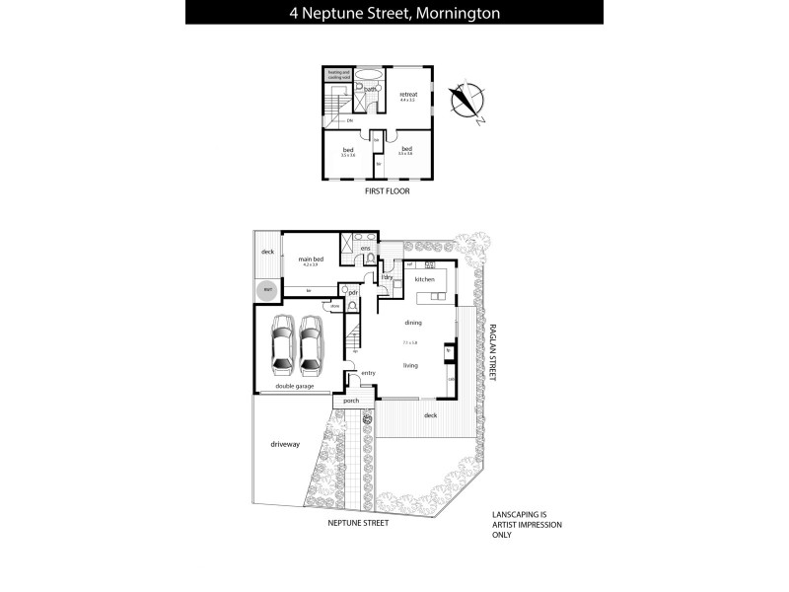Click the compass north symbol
pyautogui.click(x=463, y=102)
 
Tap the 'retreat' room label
pyautogui.click(x=408, y=95)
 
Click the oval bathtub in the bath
pyautogui.click(x=370, y=75)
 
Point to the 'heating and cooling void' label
pyautogui.click(x=339, y=74)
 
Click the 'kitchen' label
pyautogui.click(x=425, y=280)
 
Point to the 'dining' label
pyautogui.click(x=412, y=323)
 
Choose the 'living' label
pyautogui.click(x=410, y=365)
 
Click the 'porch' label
pyautogui.click(x=351, y=402)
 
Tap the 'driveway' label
pyautogui.click(x=284, y=445)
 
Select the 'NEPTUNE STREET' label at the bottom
pyautogui.click(x=358, y=523)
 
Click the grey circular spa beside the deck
pyautogui.click(x=266, y=291)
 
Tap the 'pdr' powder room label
pyautogui.click(x=351, y=292)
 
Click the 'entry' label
pyautogui.click(x=368, y=373)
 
